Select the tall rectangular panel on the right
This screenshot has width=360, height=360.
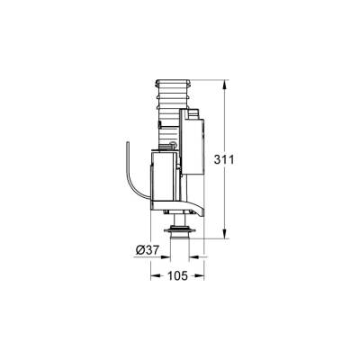[x=193, y=144]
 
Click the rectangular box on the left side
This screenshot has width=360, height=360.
[x=159, y=178]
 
